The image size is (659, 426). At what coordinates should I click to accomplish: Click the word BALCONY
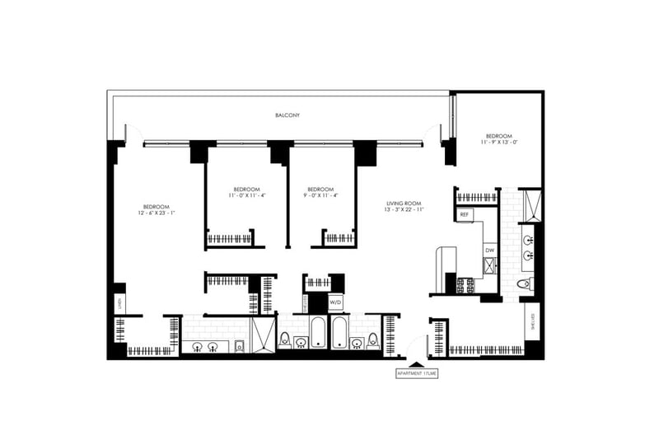tap(287, 115)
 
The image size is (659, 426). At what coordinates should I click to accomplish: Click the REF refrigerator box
tap(465, 214)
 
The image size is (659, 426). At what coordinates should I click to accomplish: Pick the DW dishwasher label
tap(488, 250)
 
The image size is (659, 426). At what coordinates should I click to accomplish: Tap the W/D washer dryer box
tap(336, 302)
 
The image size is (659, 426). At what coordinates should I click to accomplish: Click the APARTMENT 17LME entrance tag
tap(418, 373)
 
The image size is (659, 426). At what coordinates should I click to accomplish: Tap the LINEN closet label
tap(118, 302)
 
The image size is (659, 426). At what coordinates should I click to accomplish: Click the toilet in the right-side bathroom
tap(522, 285)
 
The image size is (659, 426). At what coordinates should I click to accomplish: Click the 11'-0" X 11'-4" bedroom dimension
tap(247, 195)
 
